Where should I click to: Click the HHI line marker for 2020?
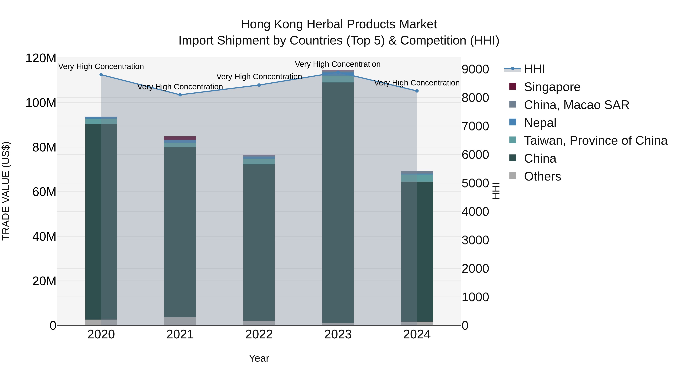coord(101,75)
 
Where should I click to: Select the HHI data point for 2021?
coord(180,95)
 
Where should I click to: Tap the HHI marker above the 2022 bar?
coord(259,85)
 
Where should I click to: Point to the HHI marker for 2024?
coord(417,91)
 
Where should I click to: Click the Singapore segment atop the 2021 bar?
coord(180,138)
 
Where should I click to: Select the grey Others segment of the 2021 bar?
coord(180,321)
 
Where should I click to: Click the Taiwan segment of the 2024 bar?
coord(417,178)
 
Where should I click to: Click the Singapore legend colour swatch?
coord(513,86)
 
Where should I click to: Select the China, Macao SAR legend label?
coord(576,105)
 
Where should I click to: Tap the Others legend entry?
coord(542,176)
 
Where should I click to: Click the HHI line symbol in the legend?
coord(512,69)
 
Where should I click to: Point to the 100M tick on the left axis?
coord(41,103)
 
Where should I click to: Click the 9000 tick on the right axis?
coord(475,69)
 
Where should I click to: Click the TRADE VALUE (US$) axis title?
coord(6,191)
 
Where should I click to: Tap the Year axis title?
coord(259,358)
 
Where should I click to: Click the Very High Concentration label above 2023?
coord(338,64)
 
